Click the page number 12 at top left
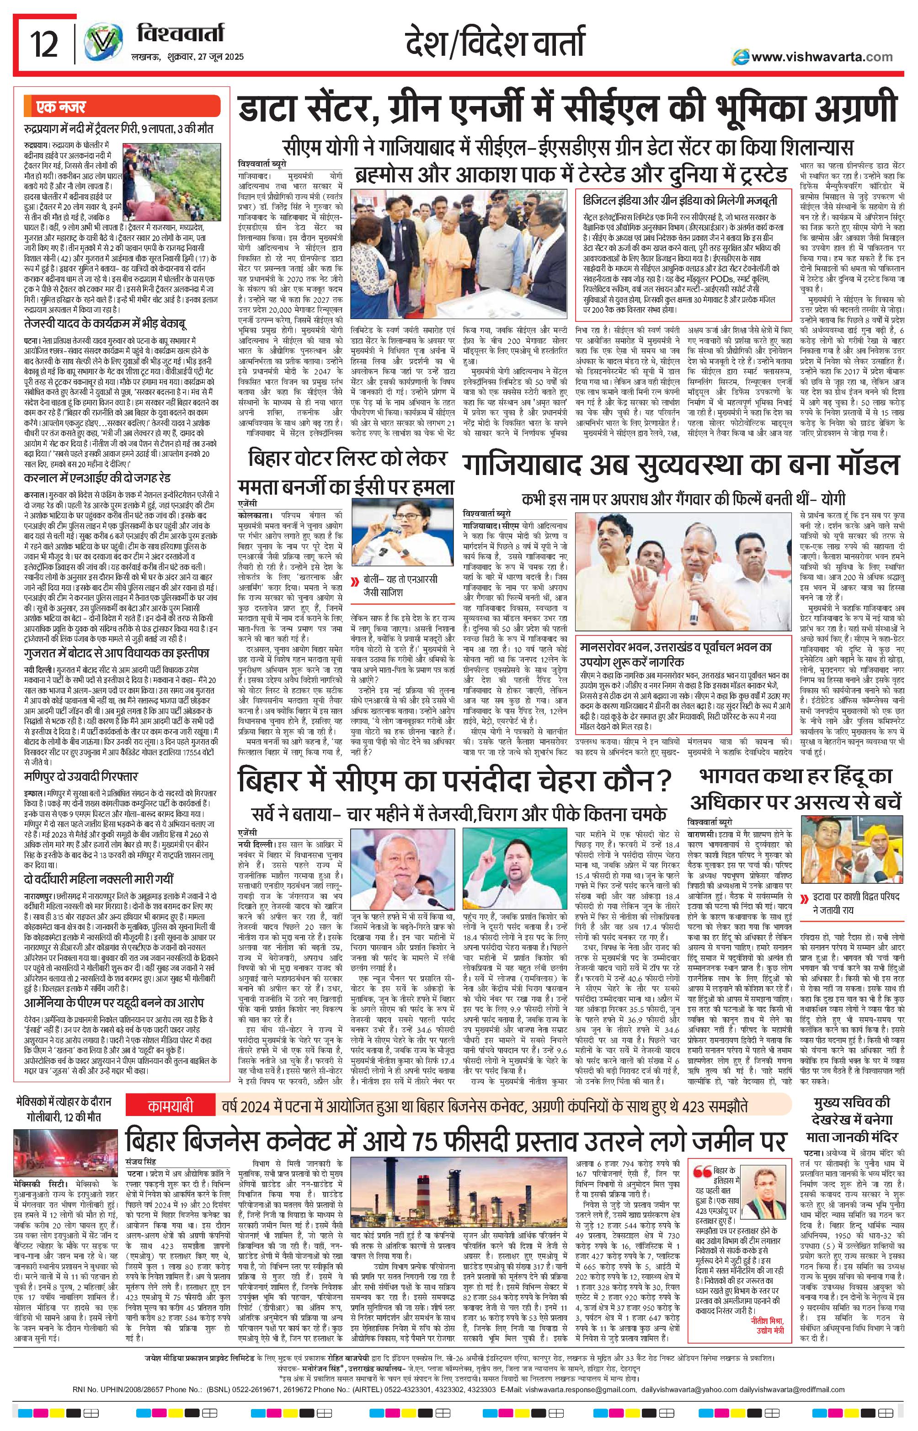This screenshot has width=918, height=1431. [43, 45]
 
